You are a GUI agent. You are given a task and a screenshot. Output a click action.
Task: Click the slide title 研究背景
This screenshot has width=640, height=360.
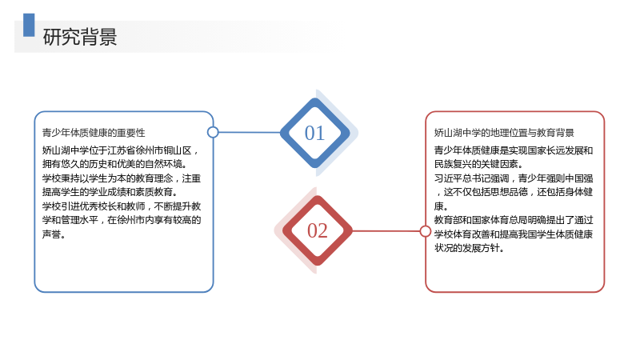pyautogui.click(x=80, y=37)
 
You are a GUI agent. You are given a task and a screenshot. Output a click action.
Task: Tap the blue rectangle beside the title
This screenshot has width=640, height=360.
pyautogui.click(x=29, y=26)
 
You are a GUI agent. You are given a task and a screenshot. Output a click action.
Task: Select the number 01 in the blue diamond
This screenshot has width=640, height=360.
pyautogui.click(x=314, y=133)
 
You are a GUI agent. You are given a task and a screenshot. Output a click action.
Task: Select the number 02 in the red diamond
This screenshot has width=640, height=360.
pyautogui.click(x=317, y=230)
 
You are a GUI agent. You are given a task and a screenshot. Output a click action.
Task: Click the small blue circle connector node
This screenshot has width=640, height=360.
pyautogui.click(x=213, y=132)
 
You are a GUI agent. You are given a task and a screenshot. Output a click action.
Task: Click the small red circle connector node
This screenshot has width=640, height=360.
pyautogui.click(x=426, y=231)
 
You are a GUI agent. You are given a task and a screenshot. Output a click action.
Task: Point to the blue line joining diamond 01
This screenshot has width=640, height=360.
pyautogui.click(x=250, y=132)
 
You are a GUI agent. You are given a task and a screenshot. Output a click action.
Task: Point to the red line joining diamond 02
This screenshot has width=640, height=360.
pyautogui.click(x=386, y=231)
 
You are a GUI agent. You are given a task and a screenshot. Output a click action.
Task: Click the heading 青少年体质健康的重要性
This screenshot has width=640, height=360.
pyautogui.click(x=94, y=133)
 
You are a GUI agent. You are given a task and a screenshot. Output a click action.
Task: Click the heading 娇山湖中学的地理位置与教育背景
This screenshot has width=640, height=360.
pyautogui.click(x=504, y=133)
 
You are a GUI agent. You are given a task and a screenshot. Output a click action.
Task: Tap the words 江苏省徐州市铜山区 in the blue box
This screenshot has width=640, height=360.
pyautogui.click(x=150, y=150)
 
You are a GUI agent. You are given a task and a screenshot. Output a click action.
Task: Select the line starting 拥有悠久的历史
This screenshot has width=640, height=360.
pyautogui.click(x=114, y=164)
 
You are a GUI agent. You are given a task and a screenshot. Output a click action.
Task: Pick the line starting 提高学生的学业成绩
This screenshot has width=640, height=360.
pyautogui.click(x=110, y=192)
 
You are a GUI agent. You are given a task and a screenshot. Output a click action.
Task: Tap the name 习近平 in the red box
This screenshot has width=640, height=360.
pyautogui.click(x=448, y=178)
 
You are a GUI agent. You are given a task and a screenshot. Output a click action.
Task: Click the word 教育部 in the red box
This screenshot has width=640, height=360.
pyautogui.click(x=448, y=220)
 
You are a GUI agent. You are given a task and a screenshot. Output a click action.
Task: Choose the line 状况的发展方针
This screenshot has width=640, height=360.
pyautogui.click(x=469, y=248)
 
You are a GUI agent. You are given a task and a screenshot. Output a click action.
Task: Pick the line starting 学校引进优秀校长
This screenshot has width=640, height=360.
pyautogui.click(x=122, y=206)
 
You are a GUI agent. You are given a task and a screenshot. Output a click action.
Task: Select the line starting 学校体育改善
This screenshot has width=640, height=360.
pyautogui.click(x=514, y=234)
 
